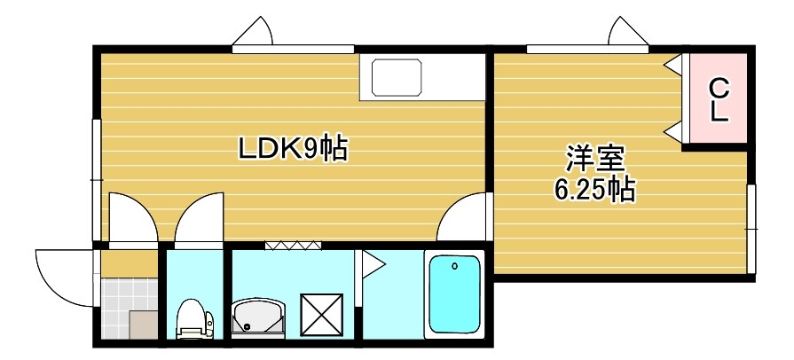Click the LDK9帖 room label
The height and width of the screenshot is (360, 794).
[292, 148]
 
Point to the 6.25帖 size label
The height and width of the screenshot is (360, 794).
[594, 189]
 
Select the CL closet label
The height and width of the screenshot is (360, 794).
[719, 99]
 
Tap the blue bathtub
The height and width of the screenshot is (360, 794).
[453, 296]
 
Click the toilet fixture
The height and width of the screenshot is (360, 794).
[192, 318]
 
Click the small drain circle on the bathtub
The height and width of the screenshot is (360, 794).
[454, 265]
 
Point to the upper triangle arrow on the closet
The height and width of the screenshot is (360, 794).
[674, 65]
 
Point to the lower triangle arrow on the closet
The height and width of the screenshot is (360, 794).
[674, 132]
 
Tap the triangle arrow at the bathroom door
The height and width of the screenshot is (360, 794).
[371, 263]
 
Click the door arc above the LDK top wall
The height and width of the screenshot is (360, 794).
[255, 35]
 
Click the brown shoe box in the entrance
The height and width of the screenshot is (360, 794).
[142, 325]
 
